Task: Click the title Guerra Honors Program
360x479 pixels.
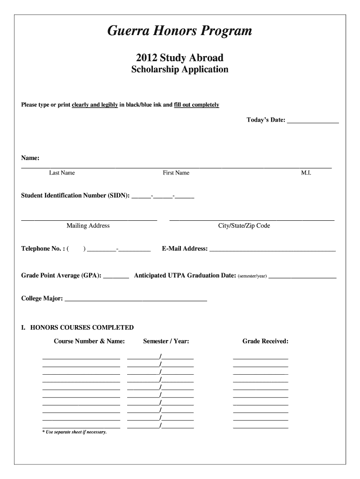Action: pos(180,31)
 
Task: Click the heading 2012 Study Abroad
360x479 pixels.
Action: pos(180,58)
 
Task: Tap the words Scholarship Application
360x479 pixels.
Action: pos(180,70)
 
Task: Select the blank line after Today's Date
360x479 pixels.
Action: pos(313,122)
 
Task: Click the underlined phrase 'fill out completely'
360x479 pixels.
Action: pos(196,105)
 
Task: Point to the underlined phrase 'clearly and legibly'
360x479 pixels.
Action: pos(94,105)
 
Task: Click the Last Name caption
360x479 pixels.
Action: pos(62,173)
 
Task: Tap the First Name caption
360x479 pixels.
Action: pos(176,173)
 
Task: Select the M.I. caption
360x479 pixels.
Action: pos(306,173)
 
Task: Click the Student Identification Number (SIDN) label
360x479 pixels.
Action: pos(75,196)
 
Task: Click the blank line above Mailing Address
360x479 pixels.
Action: pos(89,219)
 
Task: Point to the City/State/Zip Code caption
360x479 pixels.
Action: pos(244,226)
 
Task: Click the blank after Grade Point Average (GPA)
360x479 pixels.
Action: pos(116,278)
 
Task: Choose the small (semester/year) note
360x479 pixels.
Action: pos(252,276)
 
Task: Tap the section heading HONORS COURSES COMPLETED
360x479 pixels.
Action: pos(82,327)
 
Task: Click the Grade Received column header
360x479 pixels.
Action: pos(265,341)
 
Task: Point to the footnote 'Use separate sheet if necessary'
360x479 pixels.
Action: pos(74,432)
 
